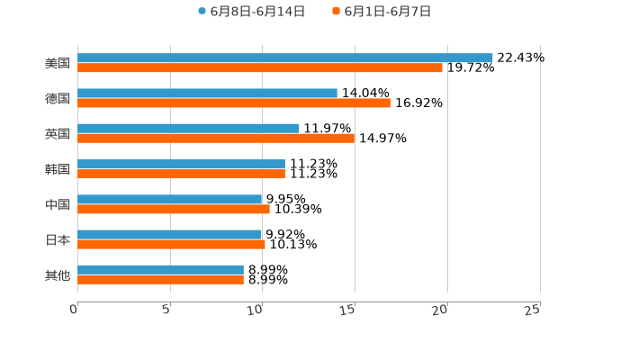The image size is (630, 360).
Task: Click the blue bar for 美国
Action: click(x=284, y=58)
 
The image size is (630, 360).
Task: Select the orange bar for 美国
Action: click(x=260, y=67)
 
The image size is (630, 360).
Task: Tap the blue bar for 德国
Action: click(x=207, y=93)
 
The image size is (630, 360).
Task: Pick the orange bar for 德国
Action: click(x=234, y=103)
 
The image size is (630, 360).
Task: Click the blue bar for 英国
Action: click(x=188, y=128)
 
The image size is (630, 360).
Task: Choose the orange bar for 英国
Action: click(x=216, y=138)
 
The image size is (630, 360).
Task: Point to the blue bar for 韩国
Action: click(x=181, y=164)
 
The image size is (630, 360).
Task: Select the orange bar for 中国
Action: click(x=174, y=209)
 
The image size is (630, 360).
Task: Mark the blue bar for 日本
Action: click(x=169, y=234)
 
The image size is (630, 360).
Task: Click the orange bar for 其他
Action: click(x=160, y=279)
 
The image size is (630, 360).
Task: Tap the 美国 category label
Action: click(x=58, y=63)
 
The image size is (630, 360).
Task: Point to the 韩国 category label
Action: click(x=58, y=169)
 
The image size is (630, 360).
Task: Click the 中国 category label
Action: click(x=58, y=204)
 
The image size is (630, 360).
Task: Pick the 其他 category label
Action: click(x=58, y=274)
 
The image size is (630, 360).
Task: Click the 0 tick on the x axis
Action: click(x=75, y=310)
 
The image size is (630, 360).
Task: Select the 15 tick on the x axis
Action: click(x=349, y=310)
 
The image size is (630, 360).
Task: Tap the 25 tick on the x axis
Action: click(x=533, y=310)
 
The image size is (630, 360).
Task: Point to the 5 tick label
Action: click(x=166, y=310)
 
